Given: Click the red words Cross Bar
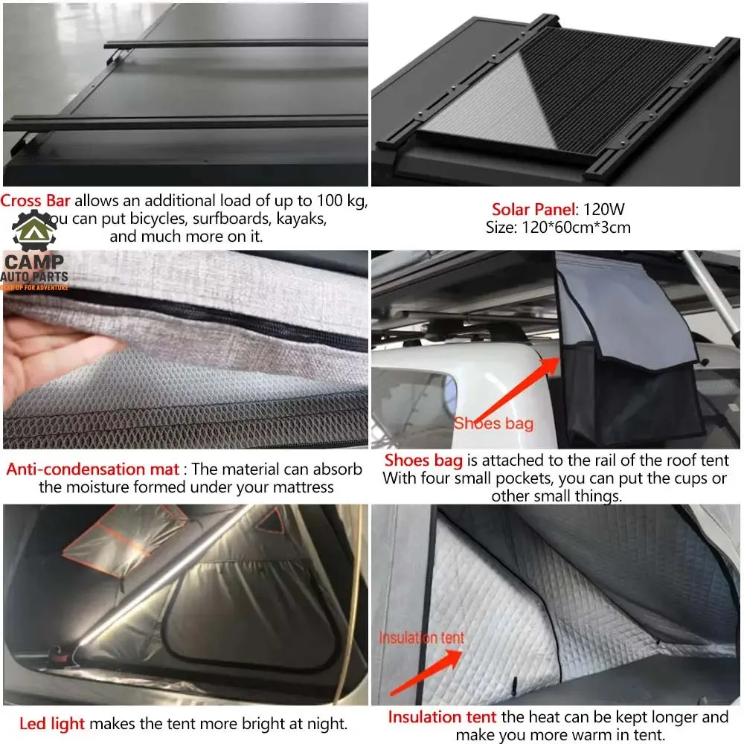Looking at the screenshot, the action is (35, 201).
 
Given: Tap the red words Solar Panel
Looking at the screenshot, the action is (533, 209).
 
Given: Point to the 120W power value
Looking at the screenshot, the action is (604, 209).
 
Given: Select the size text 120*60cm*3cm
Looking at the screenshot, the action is (576, 227).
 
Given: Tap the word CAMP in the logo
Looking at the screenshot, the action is (33, 261).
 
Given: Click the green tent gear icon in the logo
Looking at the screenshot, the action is (34, 230).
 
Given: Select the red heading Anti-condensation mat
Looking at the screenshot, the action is (92, 469).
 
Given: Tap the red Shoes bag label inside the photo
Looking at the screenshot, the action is (493, 423).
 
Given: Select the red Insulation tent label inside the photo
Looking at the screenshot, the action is (421, 638).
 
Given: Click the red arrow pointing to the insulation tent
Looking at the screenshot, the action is (426, 673).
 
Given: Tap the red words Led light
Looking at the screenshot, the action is (52, 724).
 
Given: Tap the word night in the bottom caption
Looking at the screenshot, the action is (327, 724).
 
